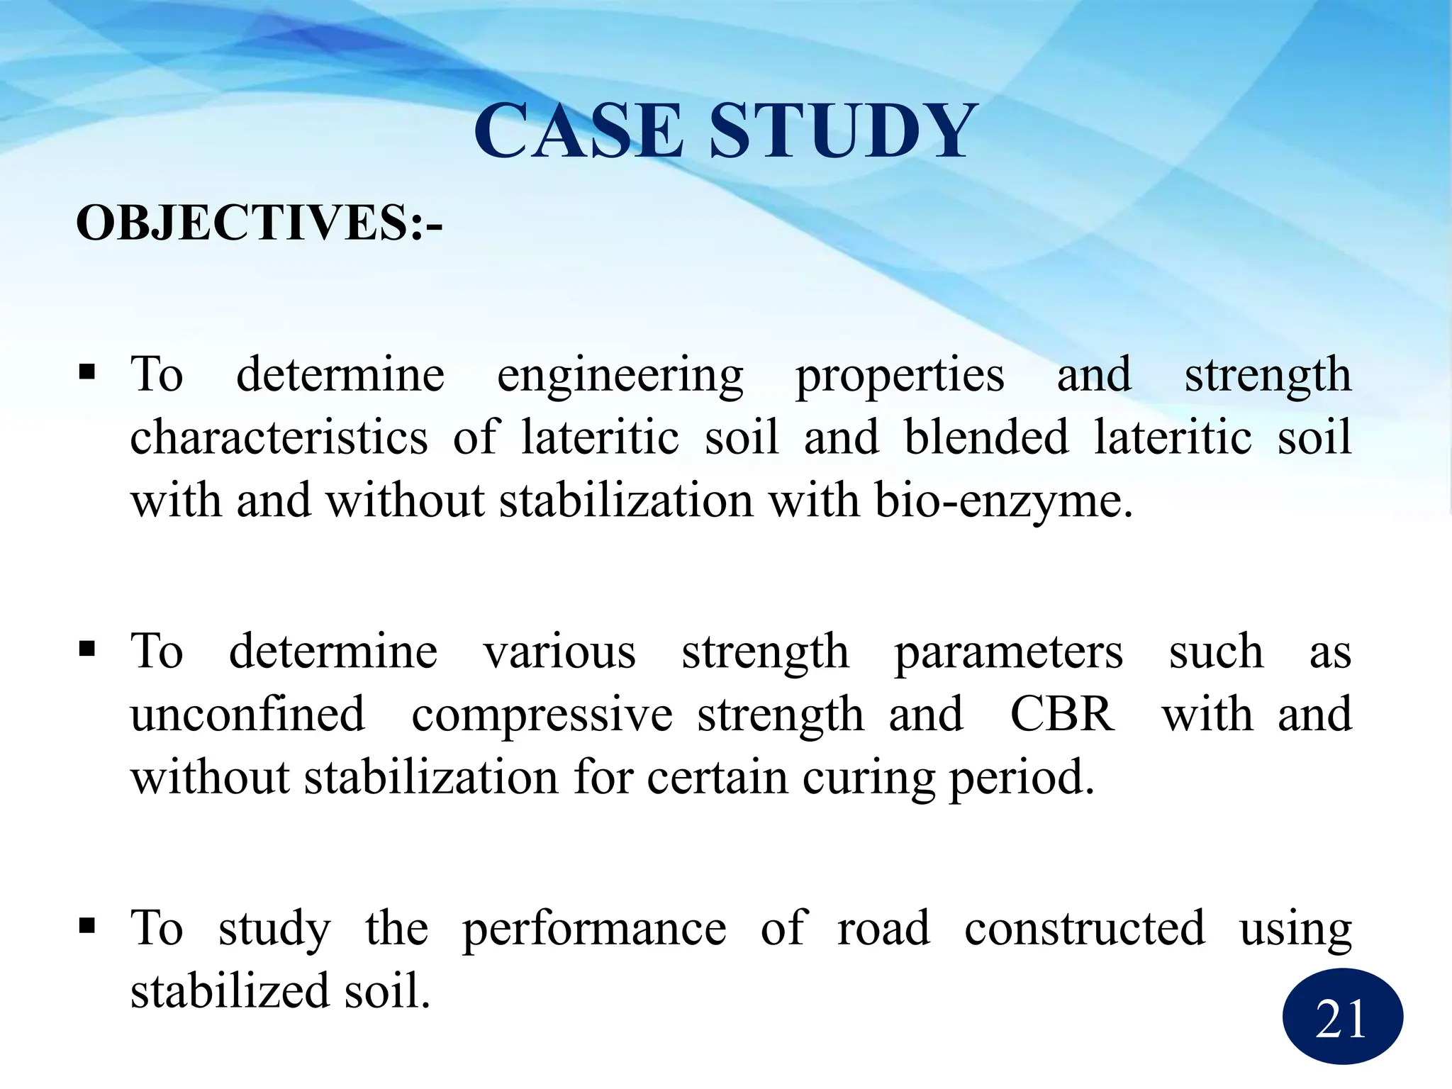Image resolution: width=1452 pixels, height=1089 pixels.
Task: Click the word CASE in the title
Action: coord(578,131)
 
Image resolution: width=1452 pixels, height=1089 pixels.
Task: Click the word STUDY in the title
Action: coord(844,131)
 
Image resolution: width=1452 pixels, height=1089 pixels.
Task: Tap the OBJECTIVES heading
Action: coord(259,223)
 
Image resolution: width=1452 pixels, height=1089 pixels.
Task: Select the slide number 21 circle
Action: coord(1342,1017)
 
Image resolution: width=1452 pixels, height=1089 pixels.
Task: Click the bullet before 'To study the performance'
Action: coord(87,925)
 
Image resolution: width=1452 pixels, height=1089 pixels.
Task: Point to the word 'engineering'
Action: coord(620,376)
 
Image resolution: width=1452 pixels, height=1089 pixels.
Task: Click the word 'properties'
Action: coord(899,376)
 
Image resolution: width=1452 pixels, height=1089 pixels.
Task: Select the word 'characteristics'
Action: coord(279,437)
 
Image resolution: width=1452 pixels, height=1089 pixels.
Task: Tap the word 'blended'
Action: coord(986,437)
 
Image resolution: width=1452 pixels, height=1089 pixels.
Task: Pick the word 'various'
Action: coord(559,652)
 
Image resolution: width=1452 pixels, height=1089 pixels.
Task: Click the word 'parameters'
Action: coord(1008,653)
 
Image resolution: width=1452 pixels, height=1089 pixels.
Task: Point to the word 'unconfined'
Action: coord(247,714)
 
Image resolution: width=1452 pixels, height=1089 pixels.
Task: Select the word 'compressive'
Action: coord(542,715)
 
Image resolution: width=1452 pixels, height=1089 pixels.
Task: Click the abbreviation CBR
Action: coord(1061,714)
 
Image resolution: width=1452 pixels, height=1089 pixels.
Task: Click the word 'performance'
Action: coord(594,929)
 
